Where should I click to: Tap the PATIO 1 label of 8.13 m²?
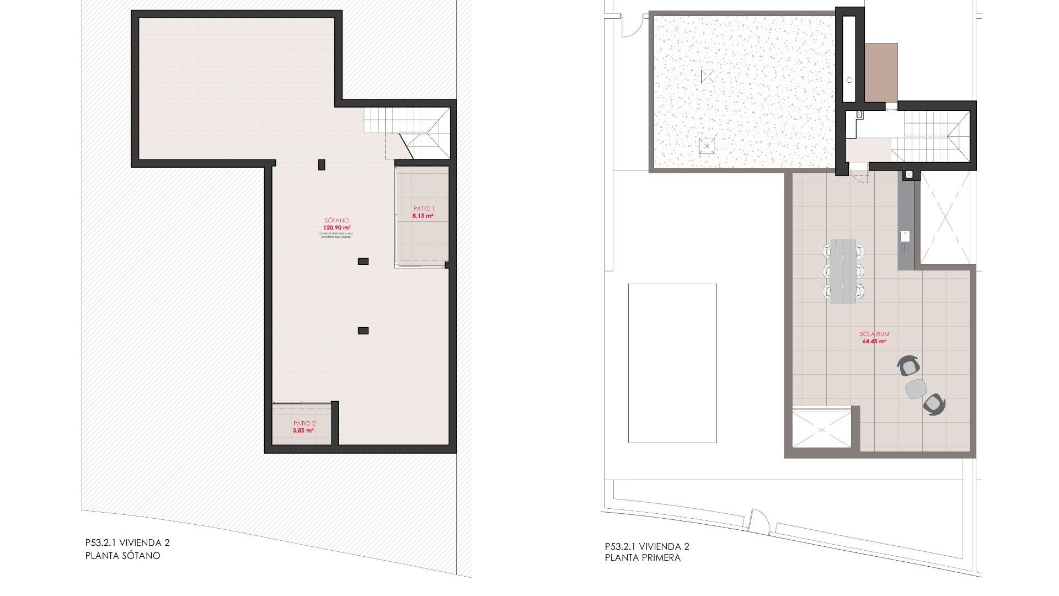click(424, 212)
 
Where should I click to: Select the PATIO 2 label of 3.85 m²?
click(304, 427)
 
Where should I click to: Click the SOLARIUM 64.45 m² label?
click(874, 338)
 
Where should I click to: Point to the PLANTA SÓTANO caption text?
click(123, 556)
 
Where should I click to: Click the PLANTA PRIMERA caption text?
click(643, 557)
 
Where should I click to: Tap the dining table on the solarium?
click(843, 270)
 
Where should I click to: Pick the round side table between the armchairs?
click(916, 389)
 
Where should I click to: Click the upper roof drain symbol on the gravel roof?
click(707, 76)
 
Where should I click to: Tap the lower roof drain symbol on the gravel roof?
click(707, 146)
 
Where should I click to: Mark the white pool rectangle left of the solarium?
click(672, 363)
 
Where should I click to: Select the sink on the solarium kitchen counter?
click(905, 236)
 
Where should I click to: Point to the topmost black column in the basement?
click(322, 164)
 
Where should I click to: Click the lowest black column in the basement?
click(363, 331)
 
